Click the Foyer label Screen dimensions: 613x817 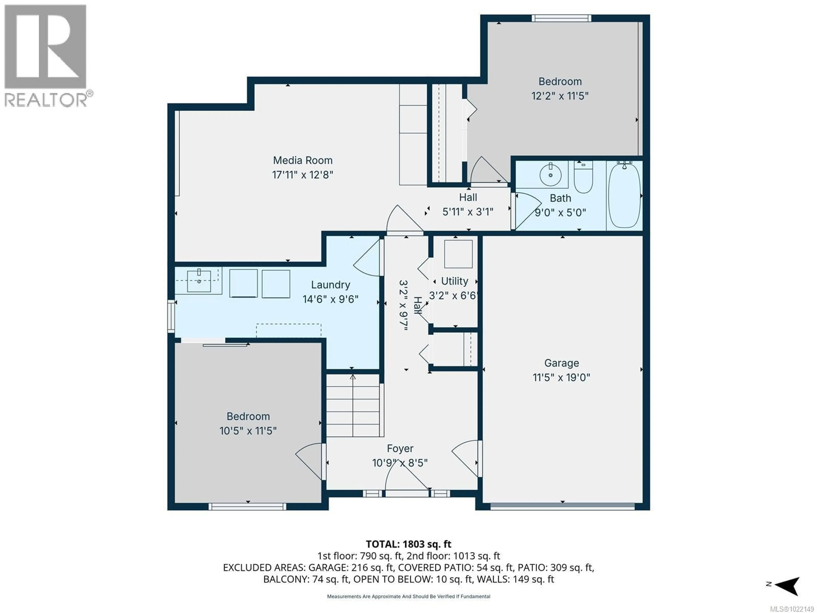pyautogui.click(x=400, y=448)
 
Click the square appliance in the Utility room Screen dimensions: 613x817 pyautogui.click(x=458, y=254)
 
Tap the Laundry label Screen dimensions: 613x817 pyautogui.click(x=330, y=285)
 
